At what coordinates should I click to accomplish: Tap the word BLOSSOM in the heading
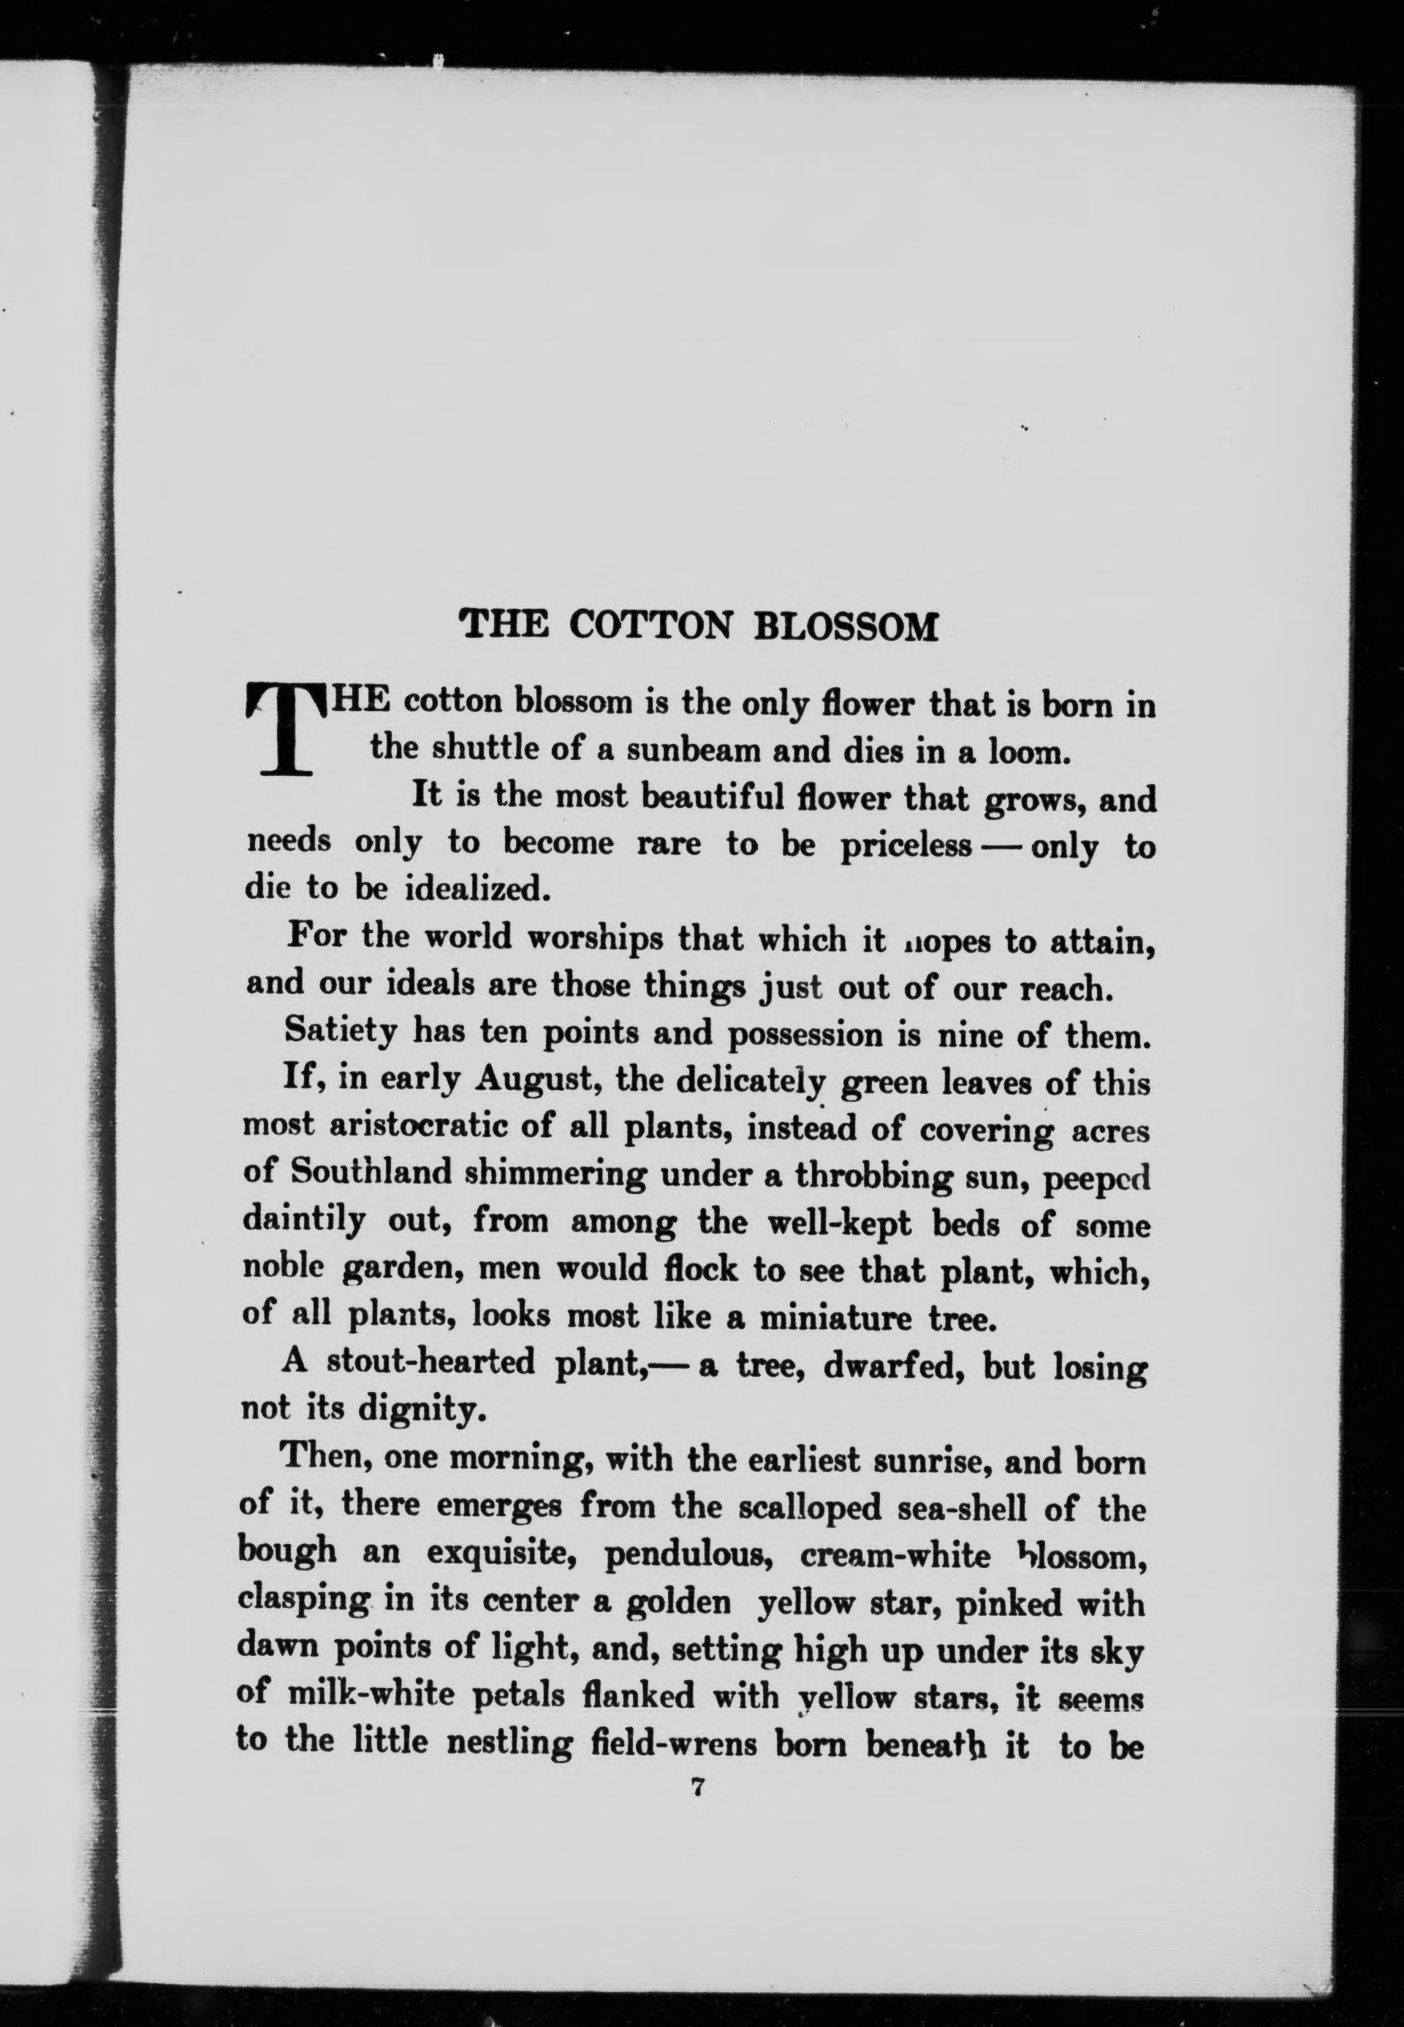coord(847,625)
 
